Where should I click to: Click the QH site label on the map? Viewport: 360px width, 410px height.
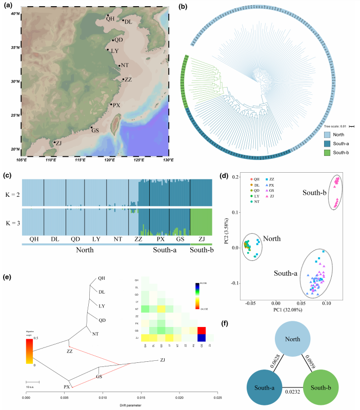[110, 19]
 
